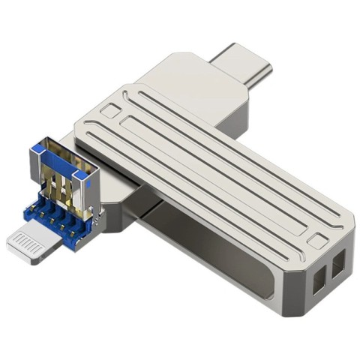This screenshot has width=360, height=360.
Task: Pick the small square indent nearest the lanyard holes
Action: (318, 241)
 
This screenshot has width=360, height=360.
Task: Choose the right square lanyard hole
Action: (338, 264)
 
